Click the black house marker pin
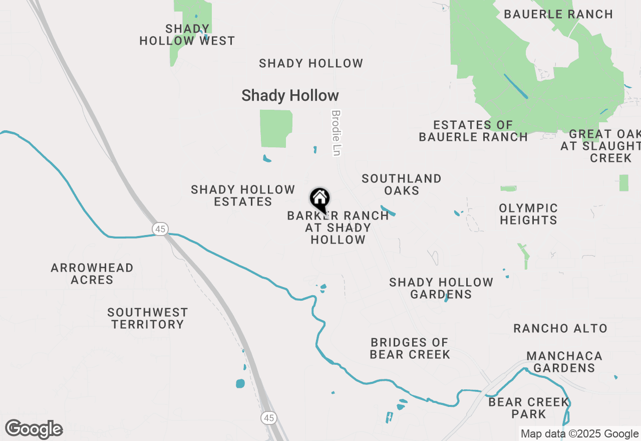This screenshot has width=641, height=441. (319, 199)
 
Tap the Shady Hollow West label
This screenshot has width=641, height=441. (187, 35)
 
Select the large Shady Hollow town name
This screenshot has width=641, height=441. (290, 96)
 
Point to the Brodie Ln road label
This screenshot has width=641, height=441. (336, 133)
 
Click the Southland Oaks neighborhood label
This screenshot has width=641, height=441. (402, 184)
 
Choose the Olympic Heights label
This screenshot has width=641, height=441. (528, 214)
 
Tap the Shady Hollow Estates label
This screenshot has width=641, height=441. (243, 195)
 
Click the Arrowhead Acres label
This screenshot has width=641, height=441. (92, 274)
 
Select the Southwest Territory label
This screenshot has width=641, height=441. (148, 318)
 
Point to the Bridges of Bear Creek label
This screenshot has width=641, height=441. (410, 348)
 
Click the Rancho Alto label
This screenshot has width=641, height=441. (560, 329)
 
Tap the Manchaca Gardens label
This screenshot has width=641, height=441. (564, 362)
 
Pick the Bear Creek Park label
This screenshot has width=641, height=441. (529, 408)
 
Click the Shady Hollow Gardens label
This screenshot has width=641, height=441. (441, 288)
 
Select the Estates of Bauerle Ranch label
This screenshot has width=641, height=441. (473, 131)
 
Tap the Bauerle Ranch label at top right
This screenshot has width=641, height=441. (558, 14)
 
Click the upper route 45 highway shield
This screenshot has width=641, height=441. (160, 229)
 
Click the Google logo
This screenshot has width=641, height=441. (34, 429)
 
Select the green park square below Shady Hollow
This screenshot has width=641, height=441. (275, 128)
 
